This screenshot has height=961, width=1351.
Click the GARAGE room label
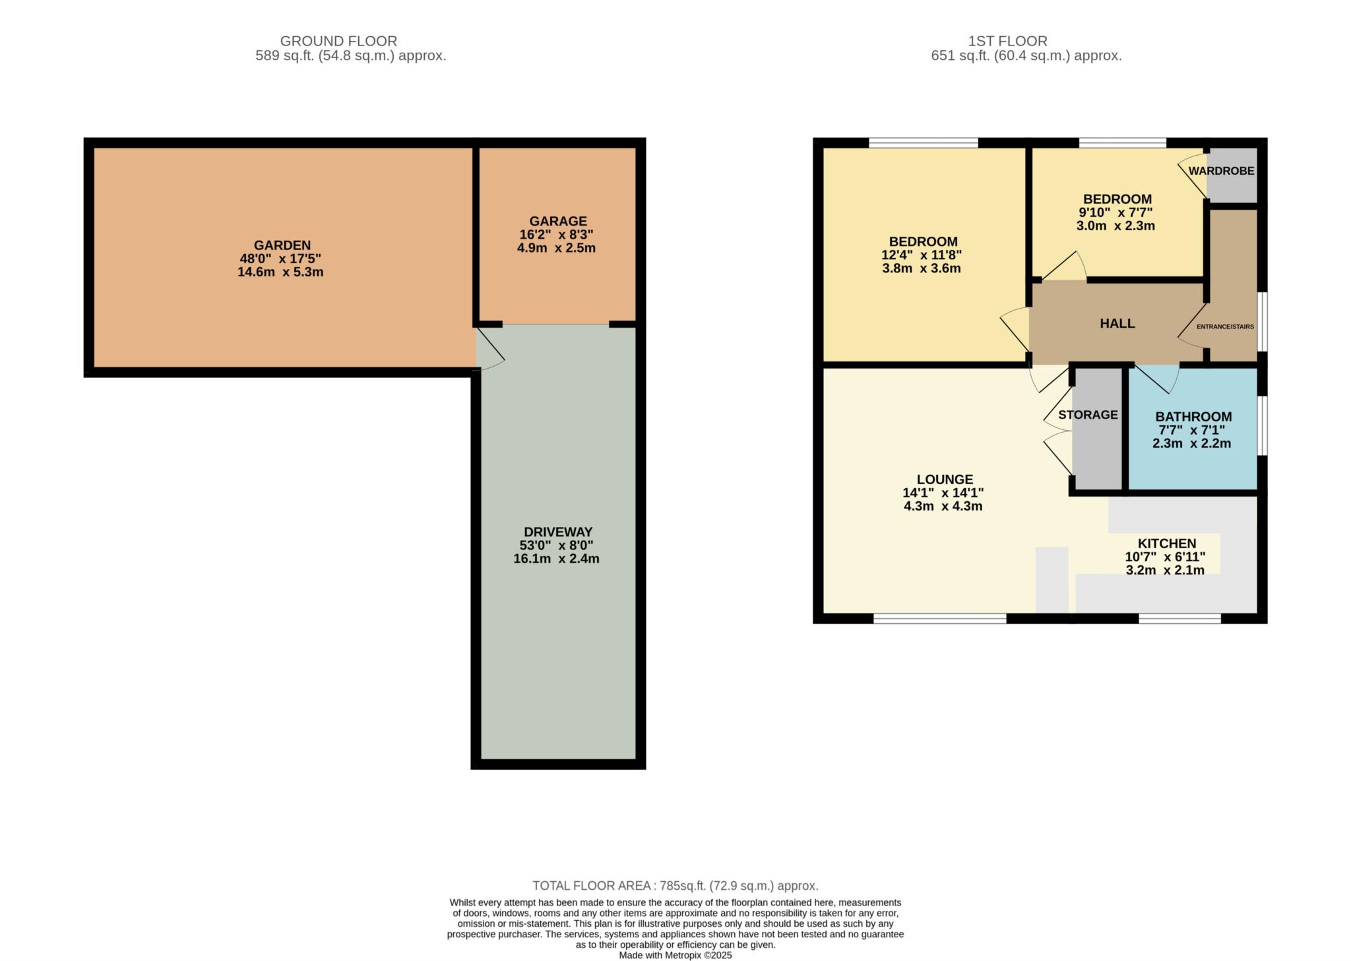point(557,221)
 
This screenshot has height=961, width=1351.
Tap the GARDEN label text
point(282,245)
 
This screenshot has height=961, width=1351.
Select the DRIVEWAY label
point(558,532)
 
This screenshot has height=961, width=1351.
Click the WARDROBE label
point(1221,171)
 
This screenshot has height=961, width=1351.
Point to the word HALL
point(1117,323)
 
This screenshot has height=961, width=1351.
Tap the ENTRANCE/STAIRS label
point(1225,326)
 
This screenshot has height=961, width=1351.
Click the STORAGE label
point(1088,415)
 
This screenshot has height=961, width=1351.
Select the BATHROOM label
point(1193,417)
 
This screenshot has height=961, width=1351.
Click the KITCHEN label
point(1167,543)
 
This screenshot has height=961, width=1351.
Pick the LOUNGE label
point(945,480)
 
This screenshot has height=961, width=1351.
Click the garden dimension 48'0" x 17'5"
point(280,259)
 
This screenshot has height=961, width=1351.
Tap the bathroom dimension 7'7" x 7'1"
point(1192,430)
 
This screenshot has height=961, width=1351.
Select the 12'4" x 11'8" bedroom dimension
point(922,255)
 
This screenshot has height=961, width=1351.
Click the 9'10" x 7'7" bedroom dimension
point(1115,212)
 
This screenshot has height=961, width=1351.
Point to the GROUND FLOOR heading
point(338,41)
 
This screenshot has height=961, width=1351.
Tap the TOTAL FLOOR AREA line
point(675,886)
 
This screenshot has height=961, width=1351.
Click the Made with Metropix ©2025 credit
point(675,955)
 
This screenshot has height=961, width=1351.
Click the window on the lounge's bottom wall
point(940,619)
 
